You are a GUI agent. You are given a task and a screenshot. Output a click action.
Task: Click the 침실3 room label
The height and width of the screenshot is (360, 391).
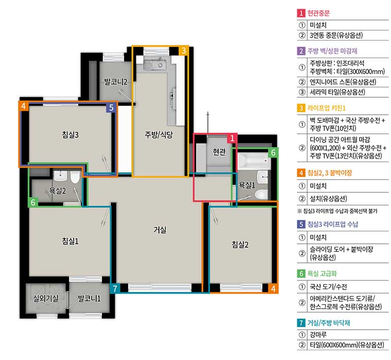[70, 135]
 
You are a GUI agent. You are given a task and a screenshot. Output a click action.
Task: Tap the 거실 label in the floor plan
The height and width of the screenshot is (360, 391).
[160, 229]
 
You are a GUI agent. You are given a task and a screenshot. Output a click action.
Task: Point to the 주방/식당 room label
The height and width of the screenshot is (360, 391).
[158, 135]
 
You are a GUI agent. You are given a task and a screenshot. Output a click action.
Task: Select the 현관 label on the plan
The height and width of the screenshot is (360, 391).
[219, 152]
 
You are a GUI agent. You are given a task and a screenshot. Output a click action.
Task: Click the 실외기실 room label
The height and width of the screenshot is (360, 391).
[46, 298]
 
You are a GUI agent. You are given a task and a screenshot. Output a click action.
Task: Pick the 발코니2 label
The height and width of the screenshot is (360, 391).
[115, 82]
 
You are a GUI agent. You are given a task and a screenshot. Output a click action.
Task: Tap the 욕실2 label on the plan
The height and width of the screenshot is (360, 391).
[57, 191]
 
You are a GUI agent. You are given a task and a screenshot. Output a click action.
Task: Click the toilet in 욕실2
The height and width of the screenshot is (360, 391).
[75, 177]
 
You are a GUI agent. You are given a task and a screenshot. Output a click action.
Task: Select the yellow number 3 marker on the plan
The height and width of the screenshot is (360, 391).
[184, 50]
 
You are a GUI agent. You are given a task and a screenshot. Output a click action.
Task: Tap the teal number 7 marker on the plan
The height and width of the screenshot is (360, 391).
[115, 289]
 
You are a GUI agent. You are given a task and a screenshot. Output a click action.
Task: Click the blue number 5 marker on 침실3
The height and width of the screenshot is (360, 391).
[111, 107]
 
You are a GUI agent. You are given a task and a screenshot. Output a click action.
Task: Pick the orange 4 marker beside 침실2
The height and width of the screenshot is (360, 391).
[273, 289]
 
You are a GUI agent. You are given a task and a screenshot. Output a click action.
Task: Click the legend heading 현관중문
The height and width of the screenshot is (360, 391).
[318, 13]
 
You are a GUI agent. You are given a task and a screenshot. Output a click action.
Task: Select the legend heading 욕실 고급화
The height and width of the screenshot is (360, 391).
[322, 274]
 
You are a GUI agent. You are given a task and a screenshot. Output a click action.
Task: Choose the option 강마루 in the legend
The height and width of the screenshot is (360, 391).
[318, 335]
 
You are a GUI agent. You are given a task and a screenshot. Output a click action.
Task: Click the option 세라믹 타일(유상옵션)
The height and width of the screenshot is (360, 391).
[337, 92]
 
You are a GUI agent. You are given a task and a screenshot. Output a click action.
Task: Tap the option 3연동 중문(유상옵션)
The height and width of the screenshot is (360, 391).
[336, 35]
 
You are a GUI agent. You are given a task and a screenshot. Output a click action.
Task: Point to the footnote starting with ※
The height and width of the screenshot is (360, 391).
[337, 211]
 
